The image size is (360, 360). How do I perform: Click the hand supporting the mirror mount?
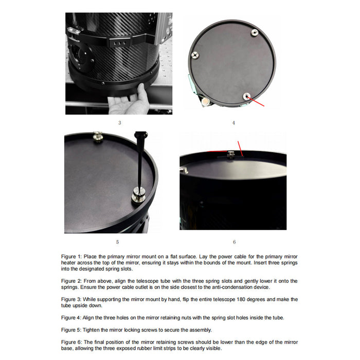126,101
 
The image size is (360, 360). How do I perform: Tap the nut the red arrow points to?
247,96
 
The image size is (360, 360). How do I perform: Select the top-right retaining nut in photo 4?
254,33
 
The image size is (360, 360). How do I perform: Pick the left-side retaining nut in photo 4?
194,55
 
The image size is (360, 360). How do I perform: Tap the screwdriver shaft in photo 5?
137,159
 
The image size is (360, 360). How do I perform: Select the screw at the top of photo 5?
97,136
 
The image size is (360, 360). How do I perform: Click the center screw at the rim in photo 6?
231,154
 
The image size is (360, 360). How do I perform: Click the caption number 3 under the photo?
119,122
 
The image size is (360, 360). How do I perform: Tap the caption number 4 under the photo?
233,122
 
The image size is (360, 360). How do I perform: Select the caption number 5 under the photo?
117,241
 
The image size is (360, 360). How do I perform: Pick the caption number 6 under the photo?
234,241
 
